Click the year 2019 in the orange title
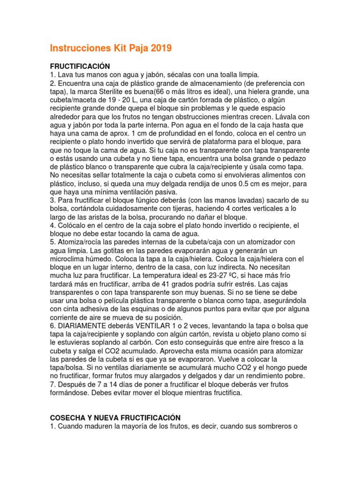point(159,48)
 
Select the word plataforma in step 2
point(201,141)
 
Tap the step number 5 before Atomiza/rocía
point(52,242)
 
